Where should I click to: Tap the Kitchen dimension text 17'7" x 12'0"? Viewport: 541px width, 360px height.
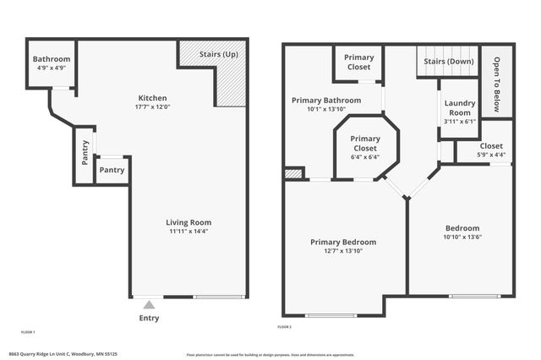tap(152, 106)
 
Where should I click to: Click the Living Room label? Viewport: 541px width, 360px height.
tap(188, 222)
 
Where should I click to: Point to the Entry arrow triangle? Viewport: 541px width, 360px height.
tap(149, 304)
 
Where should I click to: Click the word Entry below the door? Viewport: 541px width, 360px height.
tap(149, 318)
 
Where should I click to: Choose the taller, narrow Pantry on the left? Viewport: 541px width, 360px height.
tap(85, 155)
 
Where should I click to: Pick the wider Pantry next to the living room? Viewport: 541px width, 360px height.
tap(112, 170)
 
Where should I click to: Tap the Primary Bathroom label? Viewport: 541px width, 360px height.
tap(326, 100)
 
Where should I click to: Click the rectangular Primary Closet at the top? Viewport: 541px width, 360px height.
tap(359, 63)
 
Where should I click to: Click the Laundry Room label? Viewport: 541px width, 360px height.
tap(459, 108)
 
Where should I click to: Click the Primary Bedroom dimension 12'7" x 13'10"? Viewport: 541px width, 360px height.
tap(343, 252)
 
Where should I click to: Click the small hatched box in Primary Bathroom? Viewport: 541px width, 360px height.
tap(293, 174)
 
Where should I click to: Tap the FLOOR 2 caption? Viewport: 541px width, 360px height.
tap(285, 326)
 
